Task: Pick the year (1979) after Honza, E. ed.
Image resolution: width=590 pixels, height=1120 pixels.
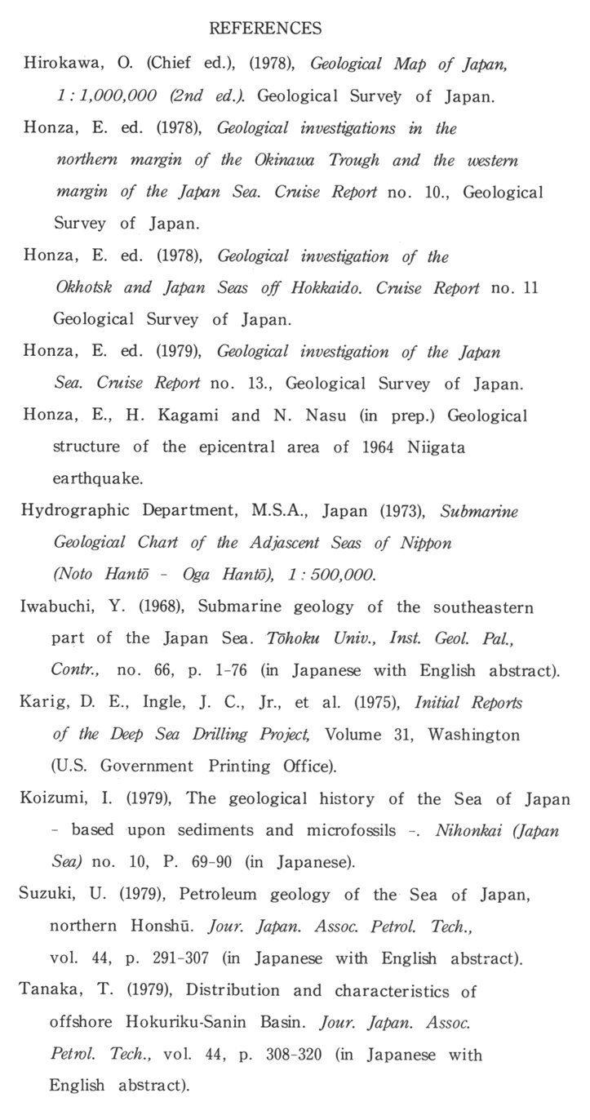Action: coord(182,353)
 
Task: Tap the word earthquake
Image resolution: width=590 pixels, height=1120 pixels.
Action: coord(91,479)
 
